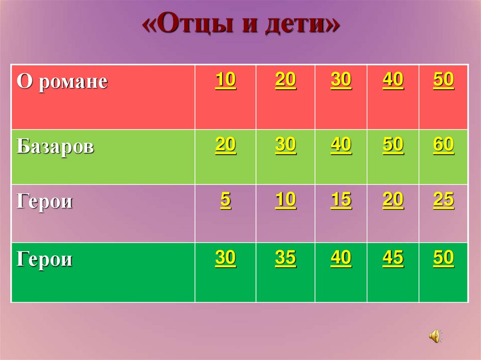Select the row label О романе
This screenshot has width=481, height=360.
pos(62,82)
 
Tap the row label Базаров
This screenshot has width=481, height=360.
pos(55,146)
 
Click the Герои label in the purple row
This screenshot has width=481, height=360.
pos(45,202)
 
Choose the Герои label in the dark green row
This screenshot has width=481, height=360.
pos(45,259)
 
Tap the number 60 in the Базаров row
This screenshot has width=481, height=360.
pos(443,145)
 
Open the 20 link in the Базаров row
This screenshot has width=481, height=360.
pos(225,145)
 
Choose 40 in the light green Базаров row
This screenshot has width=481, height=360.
pos(341,145)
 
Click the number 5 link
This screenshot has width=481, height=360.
pos(225,200)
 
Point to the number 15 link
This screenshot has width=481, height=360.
pos(341,200)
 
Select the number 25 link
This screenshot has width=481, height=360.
pos(443,200)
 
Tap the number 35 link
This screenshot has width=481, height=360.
pos(286,258)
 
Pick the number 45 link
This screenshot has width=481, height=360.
pos(393,258)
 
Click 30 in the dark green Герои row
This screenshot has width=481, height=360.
pos(225,258)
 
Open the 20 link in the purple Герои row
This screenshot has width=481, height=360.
pos(393,200)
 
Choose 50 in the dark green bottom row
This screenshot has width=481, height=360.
pos(443,258)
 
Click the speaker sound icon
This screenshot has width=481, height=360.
pos(434,336)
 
